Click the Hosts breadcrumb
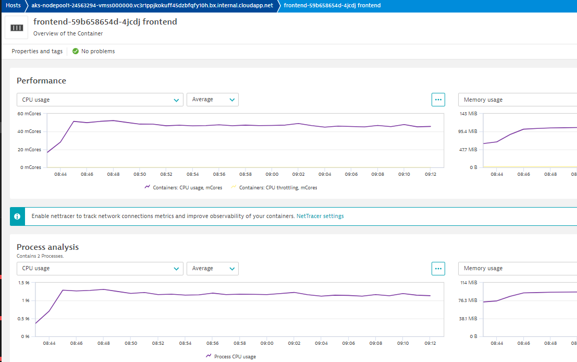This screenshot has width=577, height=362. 13,5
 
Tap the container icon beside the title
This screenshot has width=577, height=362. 17,27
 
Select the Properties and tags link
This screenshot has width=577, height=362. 37,51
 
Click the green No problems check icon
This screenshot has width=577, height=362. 76,51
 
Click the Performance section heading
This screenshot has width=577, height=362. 41,81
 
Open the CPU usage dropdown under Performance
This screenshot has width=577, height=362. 100,100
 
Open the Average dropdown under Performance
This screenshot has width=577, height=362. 212,100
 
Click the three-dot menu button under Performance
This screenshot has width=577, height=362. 438,100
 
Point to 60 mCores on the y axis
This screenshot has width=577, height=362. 29,114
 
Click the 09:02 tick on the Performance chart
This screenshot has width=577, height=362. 298,174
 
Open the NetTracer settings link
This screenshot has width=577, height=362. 320,216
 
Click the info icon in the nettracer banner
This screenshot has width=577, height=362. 17,216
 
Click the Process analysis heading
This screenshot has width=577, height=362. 47,247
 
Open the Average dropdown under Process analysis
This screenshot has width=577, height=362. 212,269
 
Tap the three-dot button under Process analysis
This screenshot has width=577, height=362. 438,269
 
